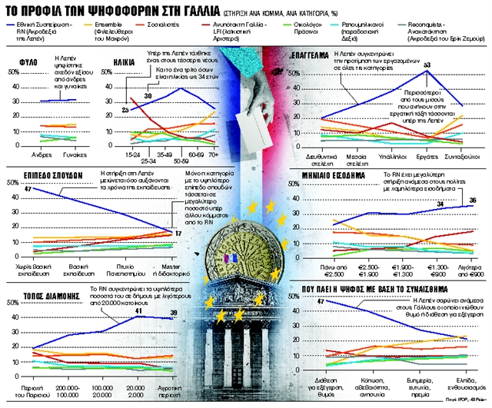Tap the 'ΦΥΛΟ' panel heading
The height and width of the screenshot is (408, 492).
tap(23, 59)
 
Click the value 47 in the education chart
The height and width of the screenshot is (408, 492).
tap(28, 189)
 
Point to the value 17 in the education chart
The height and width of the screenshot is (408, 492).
tap(178, 233)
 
